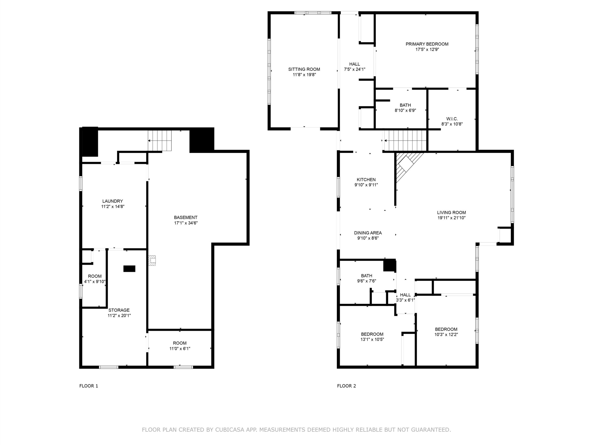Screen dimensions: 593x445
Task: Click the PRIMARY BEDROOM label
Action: coord(427,44)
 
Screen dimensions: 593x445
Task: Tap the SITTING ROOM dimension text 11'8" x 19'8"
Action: coord(304,75)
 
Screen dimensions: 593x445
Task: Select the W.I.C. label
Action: coord(452,119)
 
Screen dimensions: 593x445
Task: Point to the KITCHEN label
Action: coord(366,180)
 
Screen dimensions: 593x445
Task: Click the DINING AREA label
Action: coord(368,233)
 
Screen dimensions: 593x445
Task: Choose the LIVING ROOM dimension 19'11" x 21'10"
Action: coord(451,218)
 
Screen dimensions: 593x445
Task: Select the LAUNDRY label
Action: coord(113,201)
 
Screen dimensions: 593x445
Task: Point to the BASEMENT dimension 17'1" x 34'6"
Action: coord(186,223)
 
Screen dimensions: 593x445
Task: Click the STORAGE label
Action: coord(119,310)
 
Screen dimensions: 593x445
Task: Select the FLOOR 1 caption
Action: coord(89,386)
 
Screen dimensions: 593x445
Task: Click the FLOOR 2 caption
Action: coord(347,386)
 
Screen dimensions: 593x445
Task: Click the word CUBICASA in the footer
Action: coord(230,430)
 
